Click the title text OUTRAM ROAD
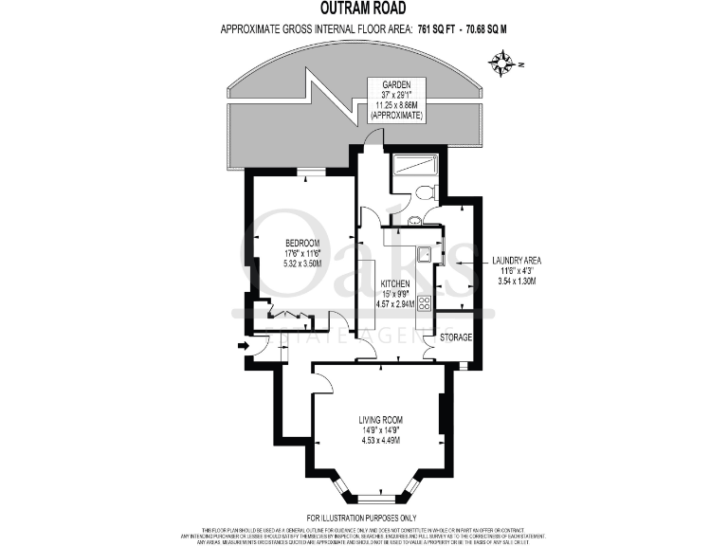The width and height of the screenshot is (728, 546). (364, 9)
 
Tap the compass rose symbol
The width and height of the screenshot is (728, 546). (501, 64)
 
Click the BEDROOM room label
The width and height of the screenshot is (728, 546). (301, 244)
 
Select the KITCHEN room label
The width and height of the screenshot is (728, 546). (394, 283)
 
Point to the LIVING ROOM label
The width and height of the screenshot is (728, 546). (380, 419)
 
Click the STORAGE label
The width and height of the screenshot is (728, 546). (455, 337)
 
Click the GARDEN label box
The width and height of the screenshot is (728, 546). (397, 99)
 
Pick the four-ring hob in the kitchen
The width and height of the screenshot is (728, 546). (424, 303)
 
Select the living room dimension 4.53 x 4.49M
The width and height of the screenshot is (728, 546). (380, 440)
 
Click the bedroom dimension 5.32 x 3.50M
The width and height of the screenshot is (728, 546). (301, 264)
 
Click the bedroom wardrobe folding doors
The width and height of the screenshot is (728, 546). (284, 314)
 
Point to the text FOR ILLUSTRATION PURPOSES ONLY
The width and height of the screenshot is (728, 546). (364, 517)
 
